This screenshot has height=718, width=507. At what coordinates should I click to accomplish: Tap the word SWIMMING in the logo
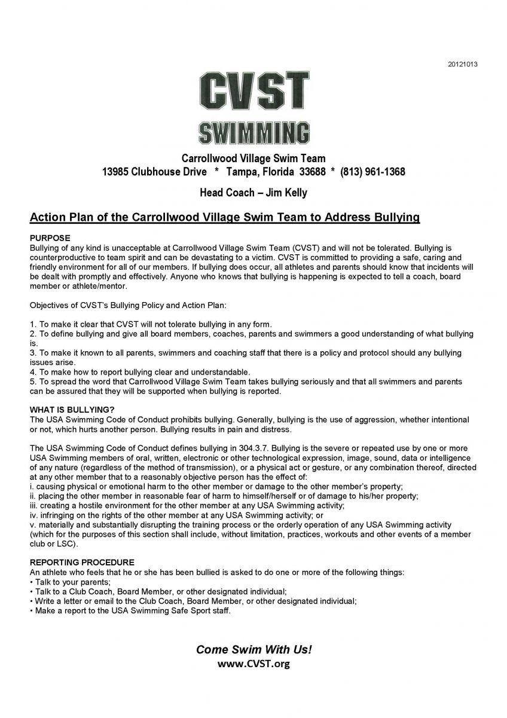pyautogui.click(x=254, y=133)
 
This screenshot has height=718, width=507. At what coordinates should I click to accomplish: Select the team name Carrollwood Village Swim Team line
pyautogui.click(x=253, y=159)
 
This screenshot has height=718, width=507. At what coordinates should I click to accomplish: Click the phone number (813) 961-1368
pyautogui.click(x=372, y=172)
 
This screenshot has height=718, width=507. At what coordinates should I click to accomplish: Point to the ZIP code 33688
pyautogui.click(x=311, y=172)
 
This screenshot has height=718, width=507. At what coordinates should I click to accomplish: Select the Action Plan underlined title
pyautogui.click(x=224, y=217)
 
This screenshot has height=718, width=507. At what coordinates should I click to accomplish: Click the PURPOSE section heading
pyautogui.click(x=50, y=238)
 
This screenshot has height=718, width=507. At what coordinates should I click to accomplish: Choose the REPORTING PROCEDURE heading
pyautogui.click(x=82, y=562)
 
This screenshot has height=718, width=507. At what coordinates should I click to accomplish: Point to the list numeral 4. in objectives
pyautogui.click(x=33, y=372)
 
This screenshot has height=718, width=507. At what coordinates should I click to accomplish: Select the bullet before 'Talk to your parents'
pyautogui.click(x=31, y=582)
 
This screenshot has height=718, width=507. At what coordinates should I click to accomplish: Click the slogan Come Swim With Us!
pyautogui.click(x=254, y=650)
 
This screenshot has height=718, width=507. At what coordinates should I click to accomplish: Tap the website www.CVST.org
pyautogui.click(x=254, y=664)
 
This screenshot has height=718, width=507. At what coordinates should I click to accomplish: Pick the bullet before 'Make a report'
pyautogui.click(x=31, y=611)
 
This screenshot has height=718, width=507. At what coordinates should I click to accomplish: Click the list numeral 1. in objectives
pyautogui.click(x=33, y=324)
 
